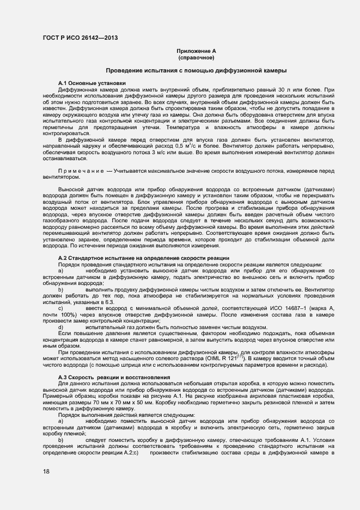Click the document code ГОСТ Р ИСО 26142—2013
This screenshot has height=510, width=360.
click(80, 38)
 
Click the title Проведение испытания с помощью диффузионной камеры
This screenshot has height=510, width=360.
click(196, 71)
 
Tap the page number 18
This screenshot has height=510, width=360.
click(46, 472)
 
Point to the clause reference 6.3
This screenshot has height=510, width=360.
click(108, 301)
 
